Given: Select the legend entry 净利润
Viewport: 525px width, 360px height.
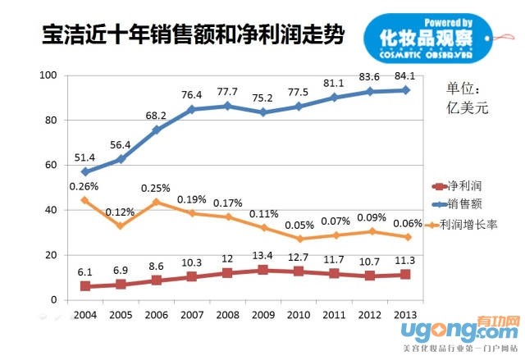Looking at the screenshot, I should tap(463, 188).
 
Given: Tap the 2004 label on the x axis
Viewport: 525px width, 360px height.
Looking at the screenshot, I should tap(84, 314).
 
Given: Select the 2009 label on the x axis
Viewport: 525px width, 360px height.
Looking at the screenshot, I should tap(263, 314).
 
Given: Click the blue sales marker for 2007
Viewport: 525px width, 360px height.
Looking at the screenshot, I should tap(192, 109).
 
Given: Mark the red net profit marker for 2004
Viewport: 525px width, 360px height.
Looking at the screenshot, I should tap(84, 286).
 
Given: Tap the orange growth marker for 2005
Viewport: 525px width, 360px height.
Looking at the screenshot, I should tap(121, 226).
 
